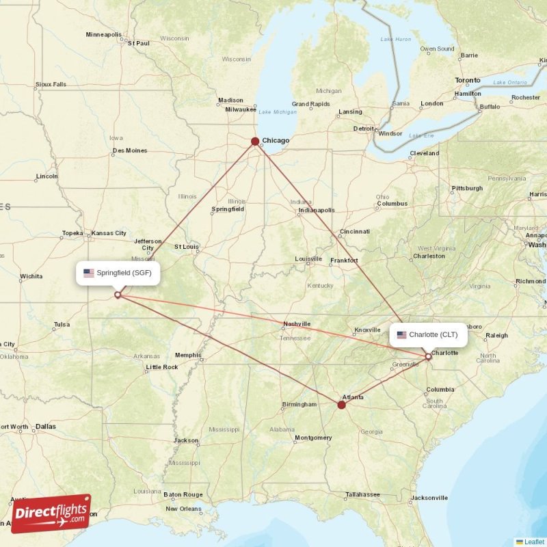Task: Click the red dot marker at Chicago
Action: (255, 142)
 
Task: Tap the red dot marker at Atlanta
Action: (341, 405)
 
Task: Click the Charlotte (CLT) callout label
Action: (429, 334)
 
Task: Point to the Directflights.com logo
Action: (51, 513)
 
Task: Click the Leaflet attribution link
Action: (534, 542)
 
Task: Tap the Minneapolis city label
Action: (103, 34)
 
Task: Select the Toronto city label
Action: (468, 80)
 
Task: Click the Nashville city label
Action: (297, 324)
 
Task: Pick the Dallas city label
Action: (46, 427)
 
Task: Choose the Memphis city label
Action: (188, 355)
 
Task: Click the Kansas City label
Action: (109, 233)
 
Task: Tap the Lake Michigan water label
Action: (278, 112)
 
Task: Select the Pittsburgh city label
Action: (467, 188)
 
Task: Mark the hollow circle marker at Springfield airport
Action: (118, 295)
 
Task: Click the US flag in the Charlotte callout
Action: (401, 334)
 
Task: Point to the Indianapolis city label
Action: (317, 211)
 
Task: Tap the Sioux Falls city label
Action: (51, 85)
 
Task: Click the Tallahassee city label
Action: (362, 494)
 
